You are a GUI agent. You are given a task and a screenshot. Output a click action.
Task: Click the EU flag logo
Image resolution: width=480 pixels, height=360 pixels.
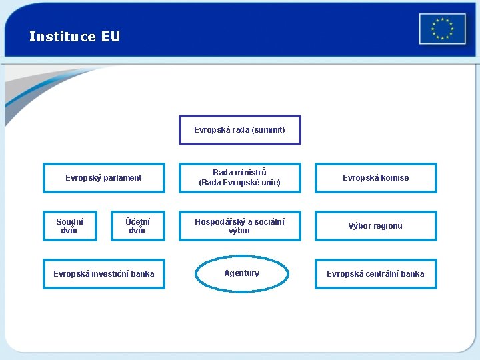[x=442, y=29]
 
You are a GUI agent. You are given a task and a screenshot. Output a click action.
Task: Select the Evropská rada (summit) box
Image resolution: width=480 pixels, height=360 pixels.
[x=239, y=130]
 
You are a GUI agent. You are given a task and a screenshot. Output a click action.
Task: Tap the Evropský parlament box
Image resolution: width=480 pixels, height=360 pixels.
[x=103, y=178]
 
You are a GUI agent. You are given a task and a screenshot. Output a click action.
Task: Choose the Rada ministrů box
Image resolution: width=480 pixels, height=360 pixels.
[x=239, y=178]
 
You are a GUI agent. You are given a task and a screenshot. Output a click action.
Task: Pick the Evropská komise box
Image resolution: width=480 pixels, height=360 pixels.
[x=375, y=178]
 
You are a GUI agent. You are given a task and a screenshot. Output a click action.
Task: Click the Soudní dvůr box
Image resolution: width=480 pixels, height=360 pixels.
[x=69, y=226]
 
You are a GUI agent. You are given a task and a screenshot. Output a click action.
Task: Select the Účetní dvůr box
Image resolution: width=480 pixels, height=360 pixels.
[x=137, y=226]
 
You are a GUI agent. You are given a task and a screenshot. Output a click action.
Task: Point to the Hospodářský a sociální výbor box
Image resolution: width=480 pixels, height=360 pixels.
[x=239, y=226]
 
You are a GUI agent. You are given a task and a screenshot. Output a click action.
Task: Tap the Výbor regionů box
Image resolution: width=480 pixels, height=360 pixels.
[x=375, y=226]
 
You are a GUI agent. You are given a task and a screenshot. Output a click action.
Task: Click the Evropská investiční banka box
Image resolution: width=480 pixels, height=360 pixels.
[x=103, y=274]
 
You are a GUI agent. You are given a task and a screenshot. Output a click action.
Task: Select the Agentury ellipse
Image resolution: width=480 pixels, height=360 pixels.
[x=241, y=274]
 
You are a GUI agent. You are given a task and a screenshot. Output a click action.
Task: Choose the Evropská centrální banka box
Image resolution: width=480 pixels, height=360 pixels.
[x=375, y=274]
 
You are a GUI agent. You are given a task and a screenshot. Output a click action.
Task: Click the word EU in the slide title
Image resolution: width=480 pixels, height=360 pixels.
[x=111, y=37]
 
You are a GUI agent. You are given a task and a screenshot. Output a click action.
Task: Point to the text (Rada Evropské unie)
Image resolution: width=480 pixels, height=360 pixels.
[x=239, y=183]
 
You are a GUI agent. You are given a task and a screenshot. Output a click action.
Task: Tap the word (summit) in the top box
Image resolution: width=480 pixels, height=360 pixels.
[x=269, y=130]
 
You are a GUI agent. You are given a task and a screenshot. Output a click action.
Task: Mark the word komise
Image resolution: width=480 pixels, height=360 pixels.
[x=395, y=178]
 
